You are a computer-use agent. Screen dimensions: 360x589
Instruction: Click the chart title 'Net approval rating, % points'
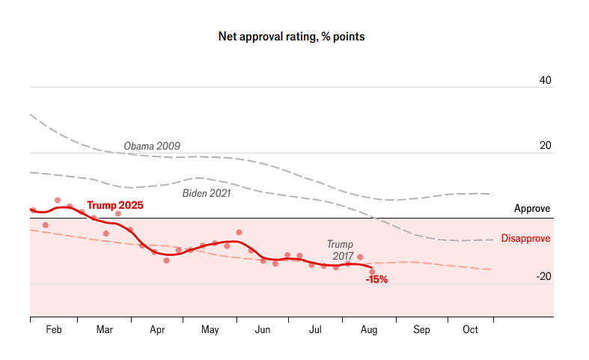291,36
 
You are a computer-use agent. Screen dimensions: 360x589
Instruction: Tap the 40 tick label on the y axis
546,80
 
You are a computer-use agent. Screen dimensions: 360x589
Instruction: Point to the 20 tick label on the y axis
546,146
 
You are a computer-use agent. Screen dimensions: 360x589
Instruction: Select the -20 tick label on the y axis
543,276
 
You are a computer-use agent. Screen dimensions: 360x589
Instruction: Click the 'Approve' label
532,209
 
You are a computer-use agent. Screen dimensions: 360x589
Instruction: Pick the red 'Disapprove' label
525,239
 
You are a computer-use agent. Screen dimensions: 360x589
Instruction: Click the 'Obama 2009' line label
152,145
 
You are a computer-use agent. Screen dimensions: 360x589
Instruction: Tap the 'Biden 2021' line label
207,193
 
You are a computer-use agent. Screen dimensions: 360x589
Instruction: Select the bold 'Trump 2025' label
115,205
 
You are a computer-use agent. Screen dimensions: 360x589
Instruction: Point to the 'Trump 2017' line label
340,250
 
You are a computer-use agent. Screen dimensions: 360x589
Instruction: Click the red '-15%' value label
376,279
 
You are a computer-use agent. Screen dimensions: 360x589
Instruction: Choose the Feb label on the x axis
55,330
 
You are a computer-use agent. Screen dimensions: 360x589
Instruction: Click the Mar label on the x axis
104,330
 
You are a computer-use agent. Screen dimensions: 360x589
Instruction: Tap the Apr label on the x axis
157,330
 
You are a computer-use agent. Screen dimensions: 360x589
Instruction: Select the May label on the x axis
210,330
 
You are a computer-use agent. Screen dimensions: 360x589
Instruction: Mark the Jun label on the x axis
263,330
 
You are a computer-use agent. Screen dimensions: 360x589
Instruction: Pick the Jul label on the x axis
315,330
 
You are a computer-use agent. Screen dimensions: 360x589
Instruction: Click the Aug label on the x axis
369,330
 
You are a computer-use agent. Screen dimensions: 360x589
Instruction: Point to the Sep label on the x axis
421,330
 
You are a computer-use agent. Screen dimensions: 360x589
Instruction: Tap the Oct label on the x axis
471,330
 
